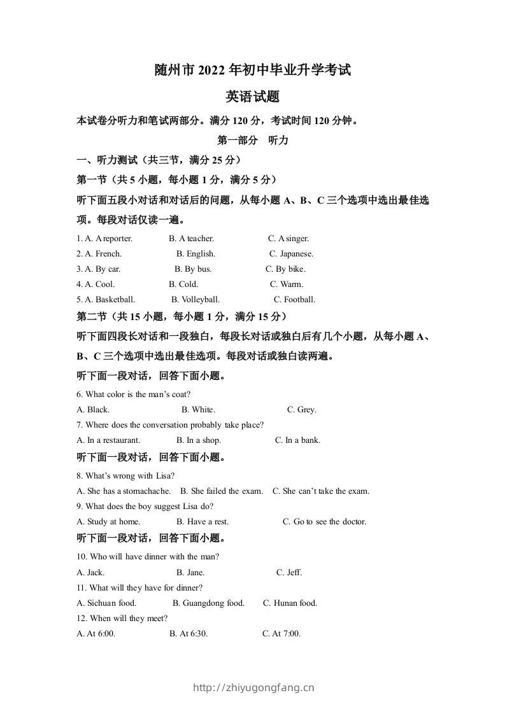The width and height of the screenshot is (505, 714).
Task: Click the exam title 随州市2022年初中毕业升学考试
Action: coord(253,70)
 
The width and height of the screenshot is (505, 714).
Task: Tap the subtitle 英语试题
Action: coord(253,97)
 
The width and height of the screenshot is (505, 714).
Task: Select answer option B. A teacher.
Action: coord(191,239)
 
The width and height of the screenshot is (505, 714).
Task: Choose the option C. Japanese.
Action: coord(291,254)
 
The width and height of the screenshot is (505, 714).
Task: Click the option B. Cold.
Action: coord(183,284)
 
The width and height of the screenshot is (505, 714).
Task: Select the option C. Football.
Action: coord(294,300)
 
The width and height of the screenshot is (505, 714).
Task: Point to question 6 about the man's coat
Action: coord(134,395)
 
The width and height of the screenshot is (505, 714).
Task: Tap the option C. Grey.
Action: coord(301,410)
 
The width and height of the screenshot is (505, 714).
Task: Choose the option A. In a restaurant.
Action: coord(108,440)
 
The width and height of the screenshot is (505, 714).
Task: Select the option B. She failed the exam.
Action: coord(222,491)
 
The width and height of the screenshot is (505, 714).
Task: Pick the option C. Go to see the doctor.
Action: coord(324,522)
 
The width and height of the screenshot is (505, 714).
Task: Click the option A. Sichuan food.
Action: coord(106,603)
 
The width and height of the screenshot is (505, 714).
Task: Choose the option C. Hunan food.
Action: coord(290,603)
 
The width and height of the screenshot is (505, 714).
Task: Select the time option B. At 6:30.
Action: coord(188,634)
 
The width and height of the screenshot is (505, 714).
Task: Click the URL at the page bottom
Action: coord(253,687)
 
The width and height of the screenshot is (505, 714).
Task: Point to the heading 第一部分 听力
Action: coord(253,141)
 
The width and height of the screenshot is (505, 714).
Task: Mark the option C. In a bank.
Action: coord(297,440)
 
